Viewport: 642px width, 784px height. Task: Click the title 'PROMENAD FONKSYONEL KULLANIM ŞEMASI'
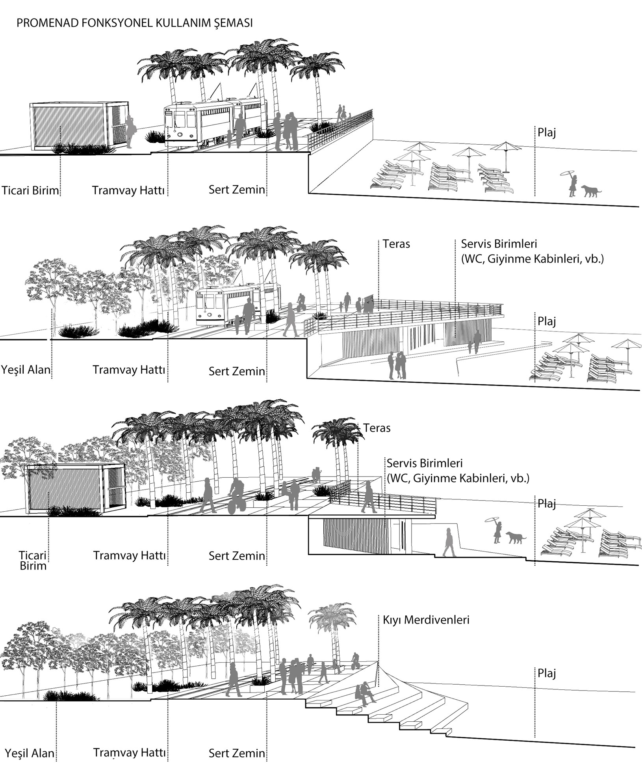coord(134,23)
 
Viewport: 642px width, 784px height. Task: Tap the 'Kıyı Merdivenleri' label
coord(426,620)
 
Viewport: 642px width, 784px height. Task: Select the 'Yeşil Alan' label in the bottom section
coord(30,753)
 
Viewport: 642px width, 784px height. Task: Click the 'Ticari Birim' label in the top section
coord(30,191)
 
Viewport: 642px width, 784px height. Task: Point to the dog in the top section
coord(591,192)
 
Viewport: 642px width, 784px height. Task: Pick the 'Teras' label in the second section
coord(396,244)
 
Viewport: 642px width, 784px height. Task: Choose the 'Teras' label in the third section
coord(377,428)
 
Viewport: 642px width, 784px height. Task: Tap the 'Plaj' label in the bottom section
coord(547,674)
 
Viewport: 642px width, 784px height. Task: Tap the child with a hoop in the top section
coord(571,183)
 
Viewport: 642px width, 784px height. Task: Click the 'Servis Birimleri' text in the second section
coord(499,244)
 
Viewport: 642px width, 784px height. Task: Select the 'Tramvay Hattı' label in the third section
coord(129,556)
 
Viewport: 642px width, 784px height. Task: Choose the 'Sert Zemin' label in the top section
coord(237,190)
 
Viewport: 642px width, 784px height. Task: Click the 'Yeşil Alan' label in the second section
coord(26,370)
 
